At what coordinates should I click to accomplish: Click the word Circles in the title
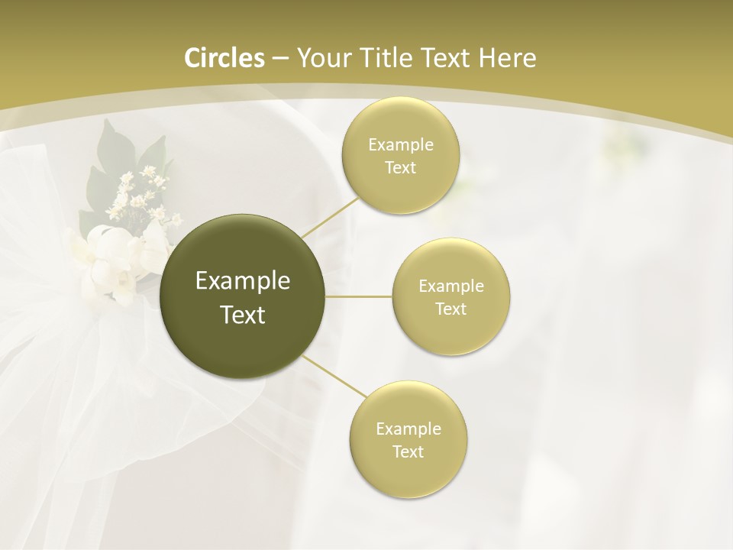pos(224,58)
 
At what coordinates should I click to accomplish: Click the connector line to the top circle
pos(330,218)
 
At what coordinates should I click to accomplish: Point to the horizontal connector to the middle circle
pos(359,296)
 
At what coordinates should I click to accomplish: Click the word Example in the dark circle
pos(243,281)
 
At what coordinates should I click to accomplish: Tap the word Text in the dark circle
pos(243,315)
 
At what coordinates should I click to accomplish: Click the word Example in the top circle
pos(400,145)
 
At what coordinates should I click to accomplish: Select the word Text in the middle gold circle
pos(450,309)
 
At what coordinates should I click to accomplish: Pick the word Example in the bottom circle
pos(408,429)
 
